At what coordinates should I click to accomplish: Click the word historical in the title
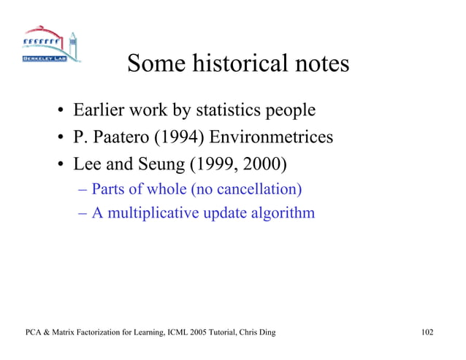click(x=238, y=64)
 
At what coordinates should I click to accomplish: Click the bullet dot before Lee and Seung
click(x=56, y=164)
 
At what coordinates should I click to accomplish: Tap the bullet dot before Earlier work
click(x=56, y=112)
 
